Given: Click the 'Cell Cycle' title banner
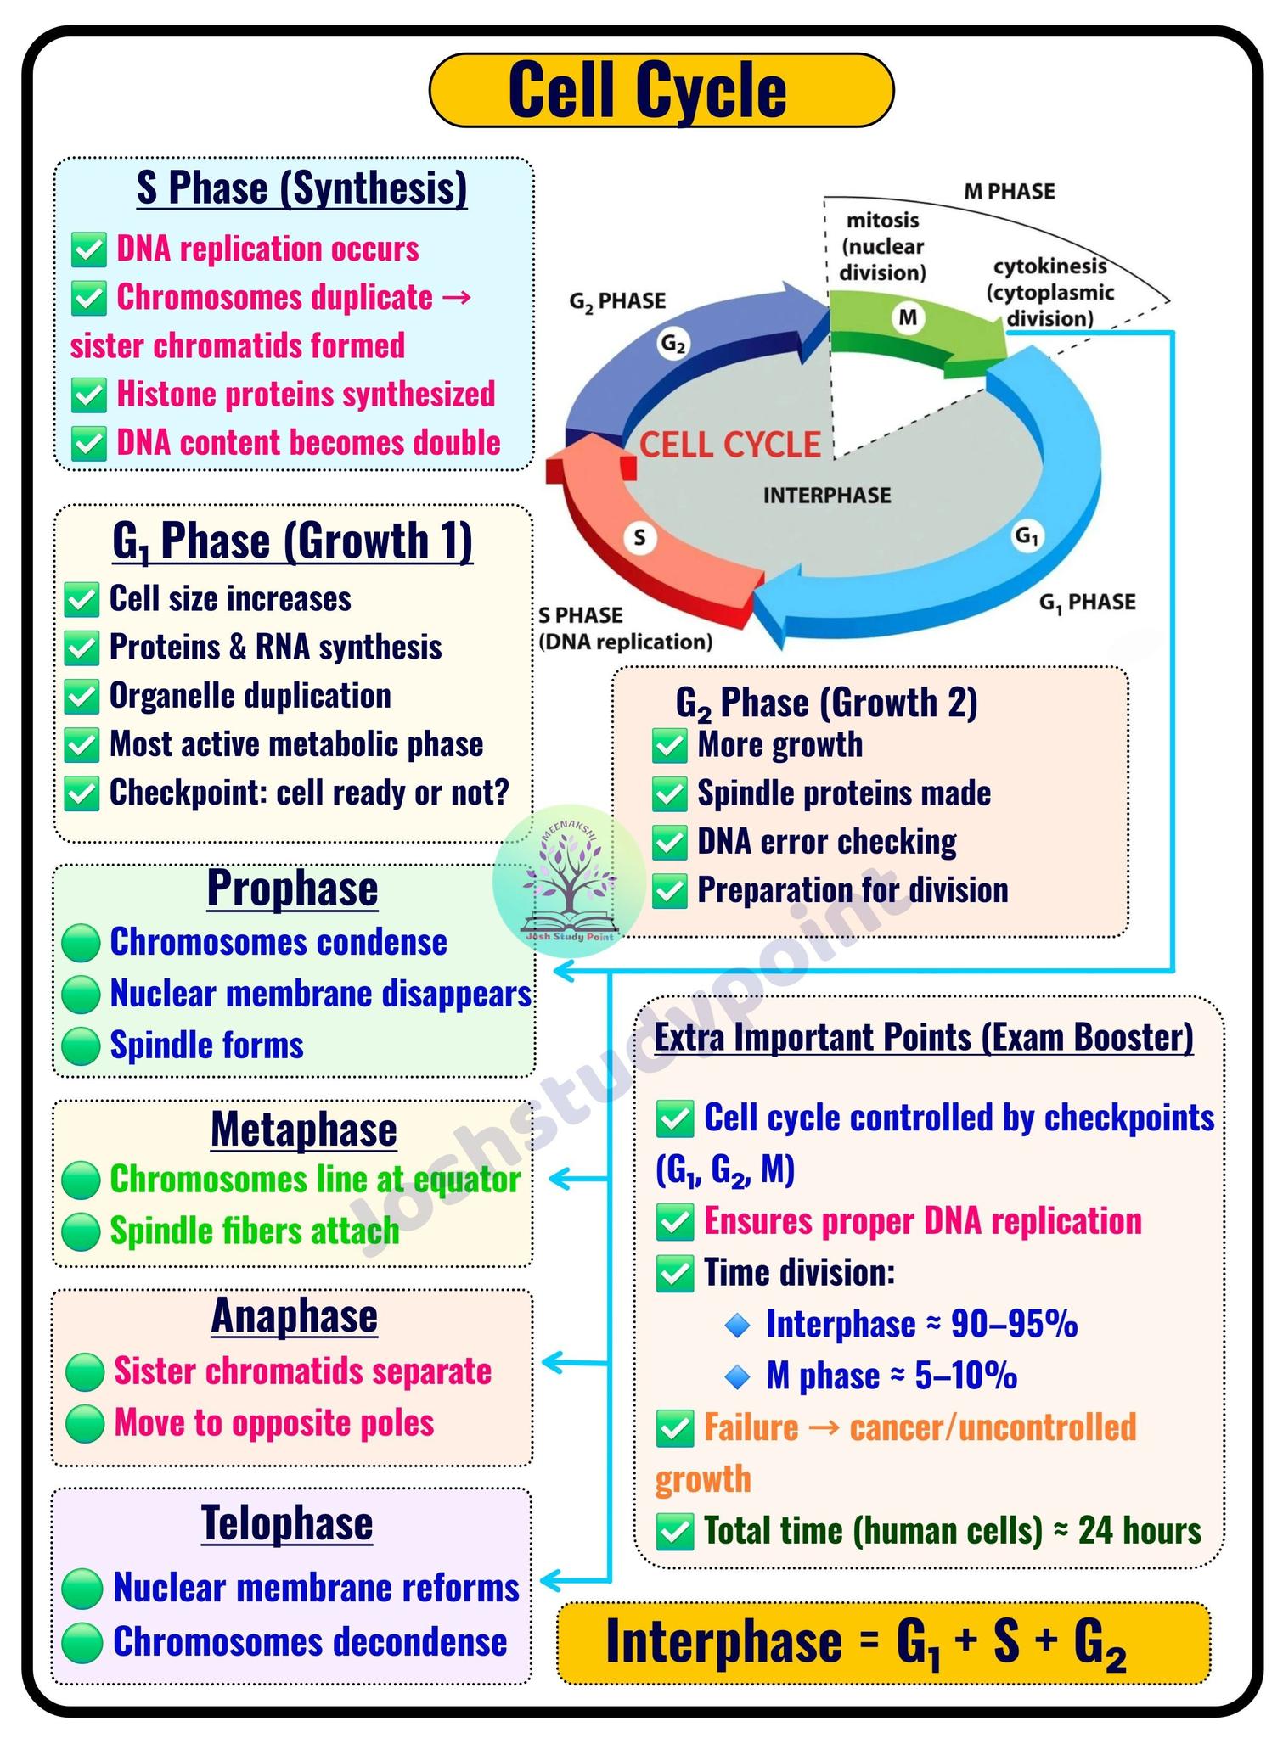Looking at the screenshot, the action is click(661, 90).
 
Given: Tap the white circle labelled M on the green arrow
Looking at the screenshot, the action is click(908, 317).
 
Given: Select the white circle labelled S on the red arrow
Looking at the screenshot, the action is click(639, 537).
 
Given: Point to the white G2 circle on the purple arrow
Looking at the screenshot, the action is click(673, 344).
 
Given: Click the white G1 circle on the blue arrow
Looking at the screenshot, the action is click(1027, 536).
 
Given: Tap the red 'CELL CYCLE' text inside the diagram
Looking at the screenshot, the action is click(729, 445).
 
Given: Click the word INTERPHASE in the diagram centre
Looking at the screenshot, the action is click(827, 495).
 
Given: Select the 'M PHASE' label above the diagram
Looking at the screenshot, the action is click(1009, 192).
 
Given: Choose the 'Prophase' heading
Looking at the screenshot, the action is click(292, 888).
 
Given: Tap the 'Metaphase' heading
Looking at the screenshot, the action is click(303, 1130).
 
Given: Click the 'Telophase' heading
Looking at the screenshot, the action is click(287, 1522).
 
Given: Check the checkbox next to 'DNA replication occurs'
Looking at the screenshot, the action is click(88, 250).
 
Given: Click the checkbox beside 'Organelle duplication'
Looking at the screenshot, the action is click(82, 697).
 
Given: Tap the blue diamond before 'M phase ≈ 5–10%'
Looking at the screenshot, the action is click(738, 1376).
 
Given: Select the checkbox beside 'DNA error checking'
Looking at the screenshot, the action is click(669, 843).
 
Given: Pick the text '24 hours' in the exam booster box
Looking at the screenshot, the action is click(1140, 1530).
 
